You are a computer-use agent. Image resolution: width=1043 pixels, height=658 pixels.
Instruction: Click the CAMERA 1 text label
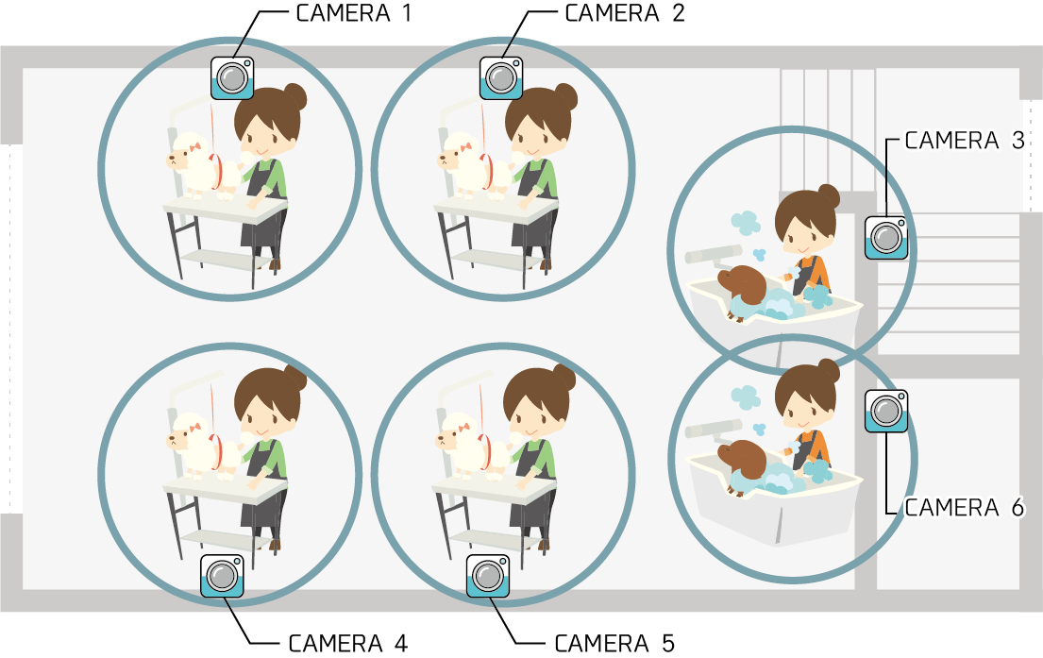354,13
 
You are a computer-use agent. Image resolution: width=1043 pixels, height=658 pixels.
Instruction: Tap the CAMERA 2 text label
625,13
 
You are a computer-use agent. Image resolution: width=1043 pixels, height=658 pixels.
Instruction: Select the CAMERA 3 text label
965,141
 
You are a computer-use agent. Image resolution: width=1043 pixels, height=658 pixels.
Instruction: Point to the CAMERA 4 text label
348,643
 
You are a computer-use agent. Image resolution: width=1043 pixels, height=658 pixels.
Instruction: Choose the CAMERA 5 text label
614,643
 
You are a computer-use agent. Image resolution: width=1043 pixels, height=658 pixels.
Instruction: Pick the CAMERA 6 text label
965,508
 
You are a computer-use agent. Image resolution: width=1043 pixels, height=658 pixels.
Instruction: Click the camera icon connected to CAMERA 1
232,77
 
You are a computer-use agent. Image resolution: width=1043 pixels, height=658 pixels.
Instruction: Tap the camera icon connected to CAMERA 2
501,77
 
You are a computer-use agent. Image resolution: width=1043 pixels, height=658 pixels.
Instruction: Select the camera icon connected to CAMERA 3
886,238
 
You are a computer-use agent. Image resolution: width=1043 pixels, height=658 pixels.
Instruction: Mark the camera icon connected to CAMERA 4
222,576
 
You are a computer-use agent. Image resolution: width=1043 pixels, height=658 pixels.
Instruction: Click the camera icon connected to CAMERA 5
488,576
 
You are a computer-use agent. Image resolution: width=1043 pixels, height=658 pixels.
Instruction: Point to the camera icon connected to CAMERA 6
886,412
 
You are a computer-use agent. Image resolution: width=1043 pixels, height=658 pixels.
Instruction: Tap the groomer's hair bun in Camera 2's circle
564,97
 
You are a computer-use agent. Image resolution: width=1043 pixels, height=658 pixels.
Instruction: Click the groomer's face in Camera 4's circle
262,419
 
